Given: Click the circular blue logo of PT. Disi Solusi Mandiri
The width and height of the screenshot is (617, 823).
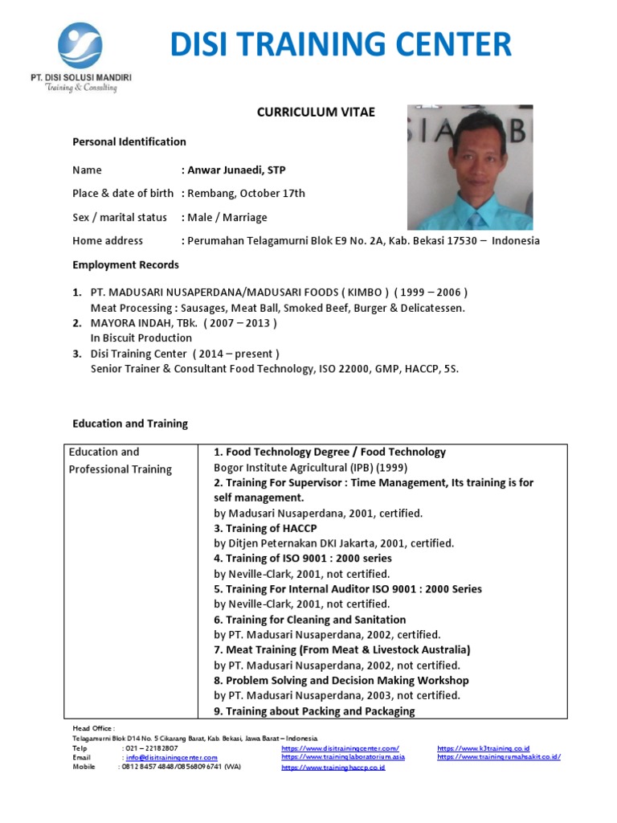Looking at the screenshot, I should (x=80, y=45).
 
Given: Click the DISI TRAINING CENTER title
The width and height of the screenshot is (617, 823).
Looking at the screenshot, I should (x=341, y=43).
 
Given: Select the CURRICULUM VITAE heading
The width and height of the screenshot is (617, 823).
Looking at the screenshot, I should (x=316, y=113).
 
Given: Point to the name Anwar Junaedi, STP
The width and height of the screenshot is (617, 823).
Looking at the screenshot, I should (x=235, y=170).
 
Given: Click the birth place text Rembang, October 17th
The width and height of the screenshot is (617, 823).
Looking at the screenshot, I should (x=245, y=194).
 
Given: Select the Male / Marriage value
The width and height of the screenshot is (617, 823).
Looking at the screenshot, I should (x=227, y=217).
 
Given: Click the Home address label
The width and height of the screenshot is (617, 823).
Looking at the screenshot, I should (x=108, y=240).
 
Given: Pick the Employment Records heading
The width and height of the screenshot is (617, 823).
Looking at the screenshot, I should (x=126, y=264).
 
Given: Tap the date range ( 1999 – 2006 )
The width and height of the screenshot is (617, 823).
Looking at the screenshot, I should (x=430, y=293).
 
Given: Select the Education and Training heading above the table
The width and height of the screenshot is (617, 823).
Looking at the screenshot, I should (x=130, y=424).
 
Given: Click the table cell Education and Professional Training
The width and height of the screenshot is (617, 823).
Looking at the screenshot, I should (x=121, y=461).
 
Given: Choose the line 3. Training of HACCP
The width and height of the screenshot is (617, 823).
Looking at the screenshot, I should (x=265, y=528).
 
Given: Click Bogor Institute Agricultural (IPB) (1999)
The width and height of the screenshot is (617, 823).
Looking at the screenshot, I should (x=311, y=467).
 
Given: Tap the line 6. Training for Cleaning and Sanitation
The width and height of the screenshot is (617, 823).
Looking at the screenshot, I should (x=309, y=620).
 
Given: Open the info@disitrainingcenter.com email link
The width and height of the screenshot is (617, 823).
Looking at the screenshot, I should (x=171, y=757).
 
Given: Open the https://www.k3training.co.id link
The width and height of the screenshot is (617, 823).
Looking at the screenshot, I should (x=483, y=748).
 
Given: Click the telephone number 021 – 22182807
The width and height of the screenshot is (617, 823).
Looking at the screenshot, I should (x=149, y=748).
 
